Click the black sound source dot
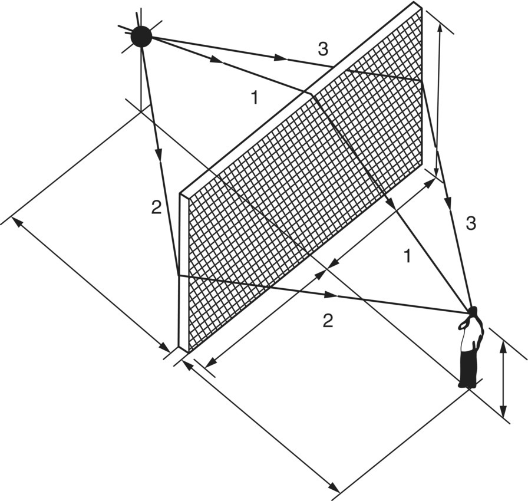[x=141, y=37]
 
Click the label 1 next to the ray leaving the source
[x=254, y=98]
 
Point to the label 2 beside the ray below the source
[x=156, y=207]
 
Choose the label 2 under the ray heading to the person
[x=328, y=321]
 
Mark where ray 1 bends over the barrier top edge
[x=311, y=93]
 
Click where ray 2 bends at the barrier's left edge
[x=179, y=275]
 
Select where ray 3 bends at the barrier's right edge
[x=422, y=81]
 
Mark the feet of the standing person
[x=467, y=385]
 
